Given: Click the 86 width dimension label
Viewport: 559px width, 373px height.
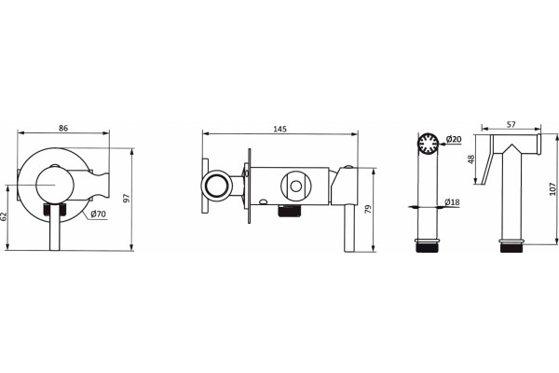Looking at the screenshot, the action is click(63, 128).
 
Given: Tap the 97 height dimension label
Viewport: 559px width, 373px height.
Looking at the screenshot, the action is click(127, 198).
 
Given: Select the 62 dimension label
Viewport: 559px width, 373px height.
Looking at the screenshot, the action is click(3, 216).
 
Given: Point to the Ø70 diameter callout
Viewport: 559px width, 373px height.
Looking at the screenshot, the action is click(98, 214).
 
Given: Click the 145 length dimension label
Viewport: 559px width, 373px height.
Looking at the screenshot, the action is click(279, 129).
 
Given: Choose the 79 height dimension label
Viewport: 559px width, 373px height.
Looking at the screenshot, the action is click(368, 209).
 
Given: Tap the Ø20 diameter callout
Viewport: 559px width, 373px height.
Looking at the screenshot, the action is click(454, 139).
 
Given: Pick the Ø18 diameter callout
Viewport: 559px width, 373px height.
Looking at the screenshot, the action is click(452, 202).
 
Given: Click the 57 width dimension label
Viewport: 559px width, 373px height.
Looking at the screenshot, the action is click(511, 124).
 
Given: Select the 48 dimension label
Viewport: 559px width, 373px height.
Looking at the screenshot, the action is click(471, 159).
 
